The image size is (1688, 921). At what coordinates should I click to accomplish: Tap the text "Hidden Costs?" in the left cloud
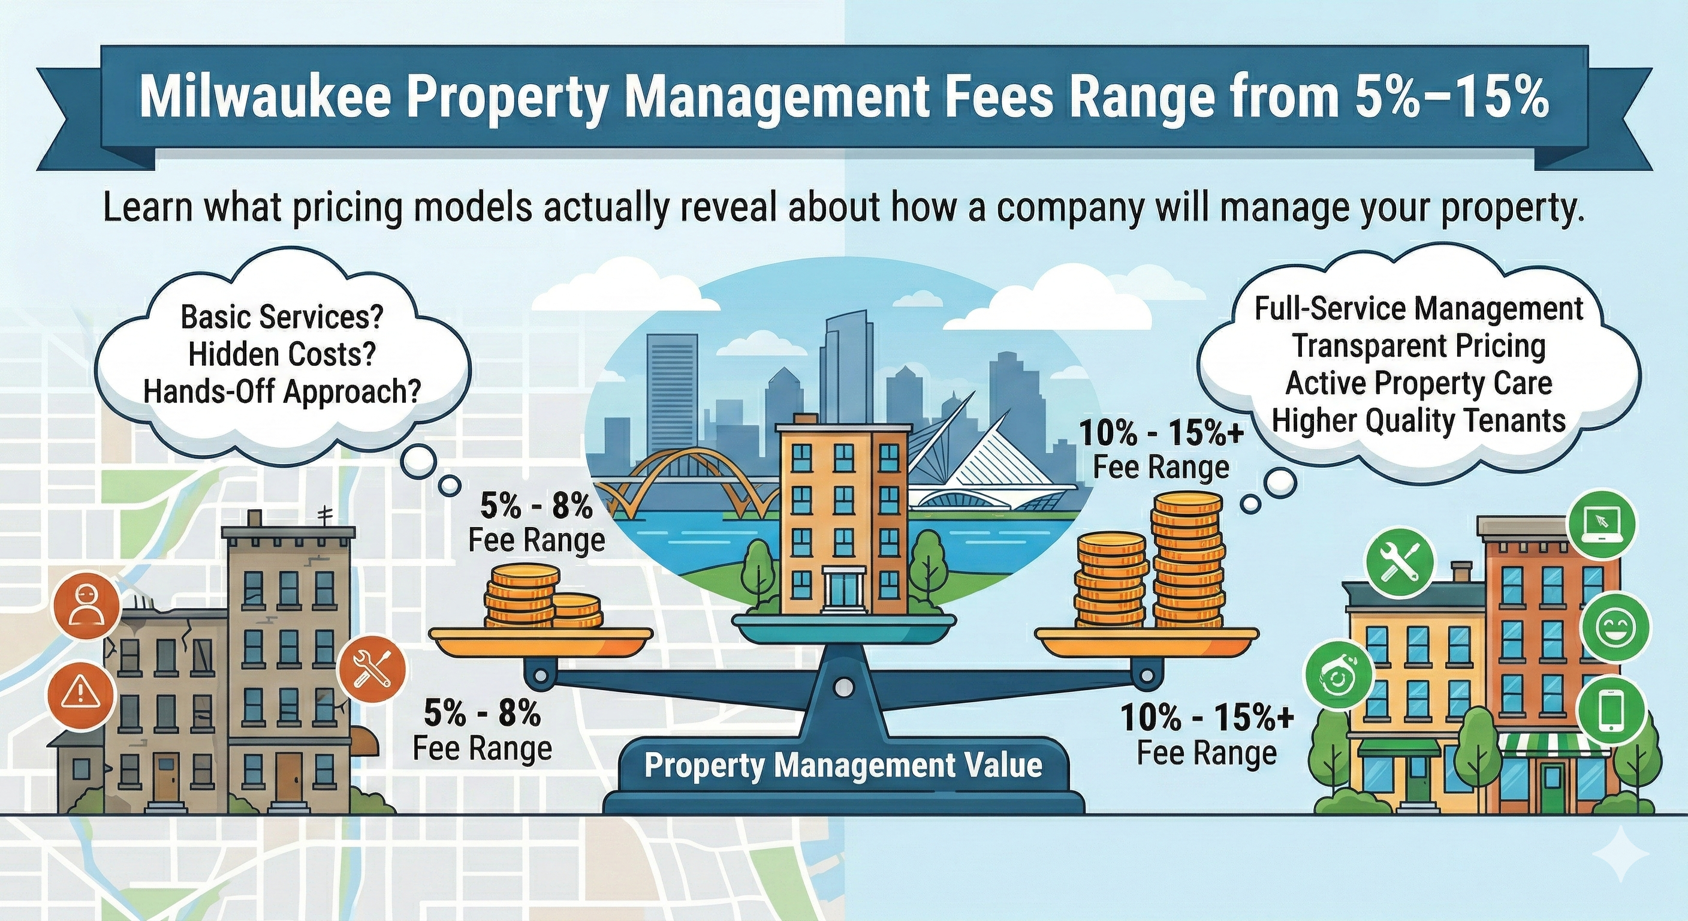[282, 354]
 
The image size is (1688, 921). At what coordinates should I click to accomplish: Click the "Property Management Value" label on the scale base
[843, 765]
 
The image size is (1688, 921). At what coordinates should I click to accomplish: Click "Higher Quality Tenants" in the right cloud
[1419, 420]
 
